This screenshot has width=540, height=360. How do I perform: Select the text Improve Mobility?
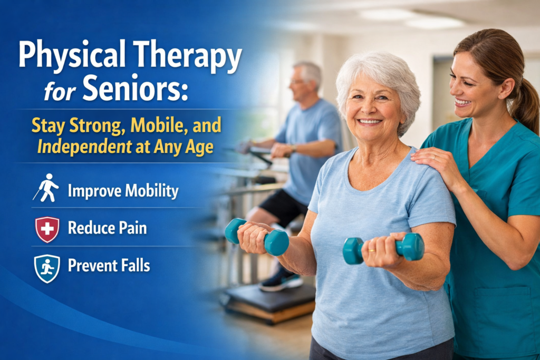(x=123, y=190)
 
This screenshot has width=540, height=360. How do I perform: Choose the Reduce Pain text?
(x=107, y=228)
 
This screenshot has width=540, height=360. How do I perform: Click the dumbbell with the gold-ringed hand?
(x=384, y=248)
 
